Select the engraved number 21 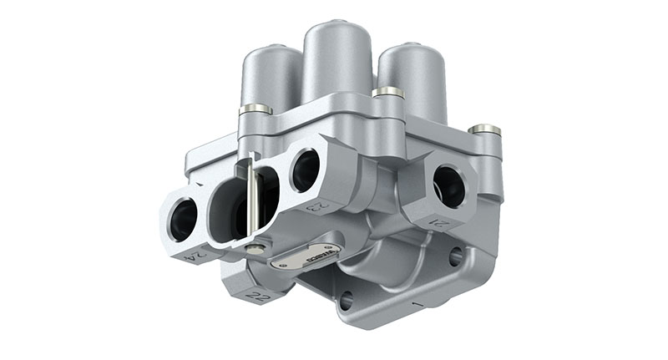click(x=441, y=221)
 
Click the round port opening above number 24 click(x=184, y=220)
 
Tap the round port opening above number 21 click(x=448, y=185)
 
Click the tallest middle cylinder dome click(x=337, y=63)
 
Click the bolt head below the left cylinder click(x=256, y=109)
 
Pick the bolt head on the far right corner click(x=484, y=129)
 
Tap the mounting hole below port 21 click(x=455, y=256)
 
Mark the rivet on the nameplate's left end click(x=280, y=264)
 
